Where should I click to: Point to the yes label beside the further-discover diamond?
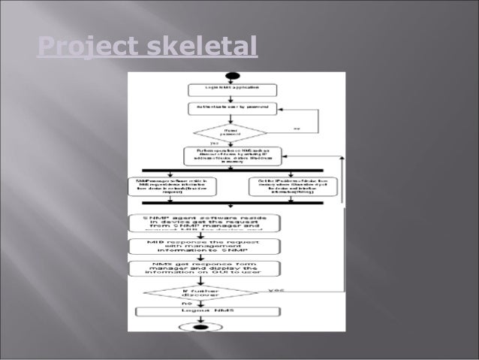(x=275, y=289)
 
